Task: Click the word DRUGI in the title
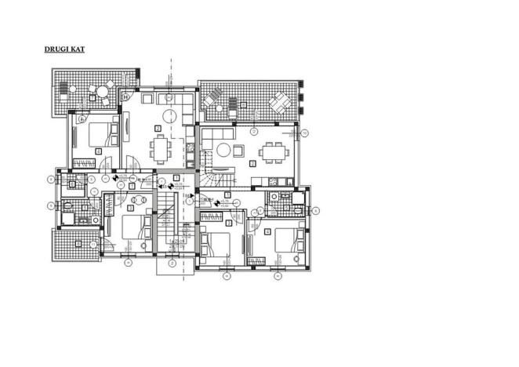click(56, 49)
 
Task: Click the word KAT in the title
click(76, 49)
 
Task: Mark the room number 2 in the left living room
click(158, 128)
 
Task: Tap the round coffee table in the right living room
click(223, 148)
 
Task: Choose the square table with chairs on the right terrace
click(279, 102)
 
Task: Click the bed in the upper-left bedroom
click(98, 134)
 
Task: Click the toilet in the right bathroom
click(299, 210)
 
